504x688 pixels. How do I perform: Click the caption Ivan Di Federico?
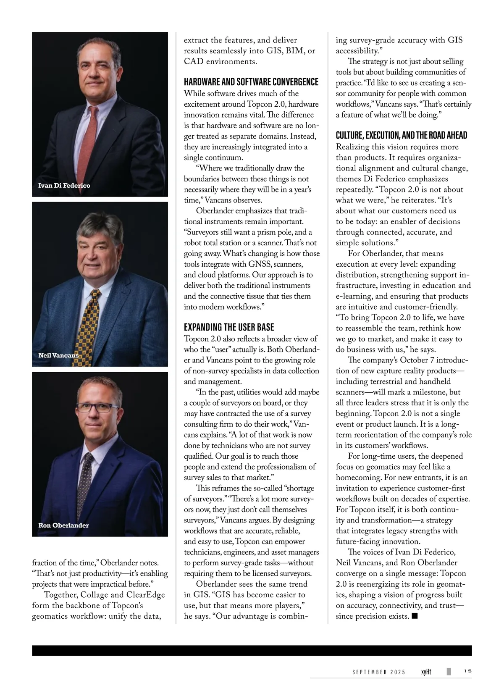click(x=64, y=186)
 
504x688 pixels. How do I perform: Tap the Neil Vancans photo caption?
click(x=58, y=355)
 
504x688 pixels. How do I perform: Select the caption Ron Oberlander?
click(x=63, y=525)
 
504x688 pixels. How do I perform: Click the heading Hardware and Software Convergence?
click(x=251, y=81)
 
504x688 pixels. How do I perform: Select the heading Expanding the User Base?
click(x=229, y=327)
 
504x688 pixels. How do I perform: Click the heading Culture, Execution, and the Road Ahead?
click(x=401, y=135)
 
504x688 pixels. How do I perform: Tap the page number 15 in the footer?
click(x=467, y=671)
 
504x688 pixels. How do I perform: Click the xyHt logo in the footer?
click(x=426, y=672)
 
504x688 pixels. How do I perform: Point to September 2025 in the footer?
click(x=379, y=672)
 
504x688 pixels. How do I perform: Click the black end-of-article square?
click(x=415, y=616)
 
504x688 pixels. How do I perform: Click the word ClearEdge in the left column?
click(x=145, y=595)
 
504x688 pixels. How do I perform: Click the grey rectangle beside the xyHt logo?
click(x=449, y=671)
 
